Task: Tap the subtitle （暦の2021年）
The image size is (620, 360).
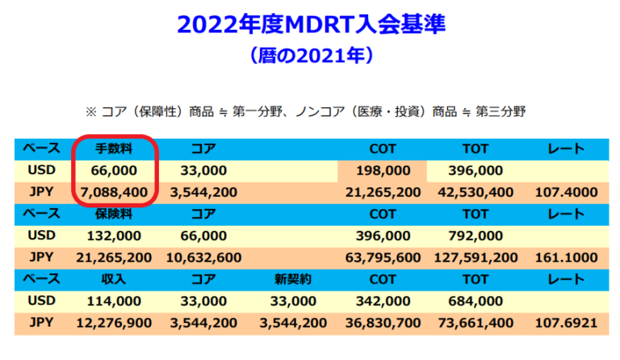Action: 311,57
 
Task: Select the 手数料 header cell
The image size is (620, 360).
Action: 114,149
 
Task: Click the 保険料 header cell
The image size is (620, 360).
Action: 114,214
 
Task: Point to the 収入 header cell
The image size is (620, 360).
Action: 114,279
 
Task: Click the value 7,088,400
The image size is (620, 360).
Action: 114,192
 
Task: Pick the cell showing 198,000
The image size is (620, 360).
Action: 382,170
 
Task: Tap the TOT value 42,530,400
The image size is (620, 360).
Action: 475,192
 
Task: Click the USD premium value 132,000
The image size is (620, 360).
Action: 114,236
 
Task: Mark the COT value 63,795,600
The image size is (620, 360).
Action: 382,257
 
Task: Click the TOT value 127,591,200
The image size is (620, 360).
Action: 475,257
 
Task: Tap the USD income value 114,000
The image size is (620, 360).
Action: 114,301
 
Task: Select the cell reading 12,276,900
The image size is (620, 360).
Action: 114,323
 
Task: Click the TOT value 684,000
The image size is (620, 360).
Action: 475,301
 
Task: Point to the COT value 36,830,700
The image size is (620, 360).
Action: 382,323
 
